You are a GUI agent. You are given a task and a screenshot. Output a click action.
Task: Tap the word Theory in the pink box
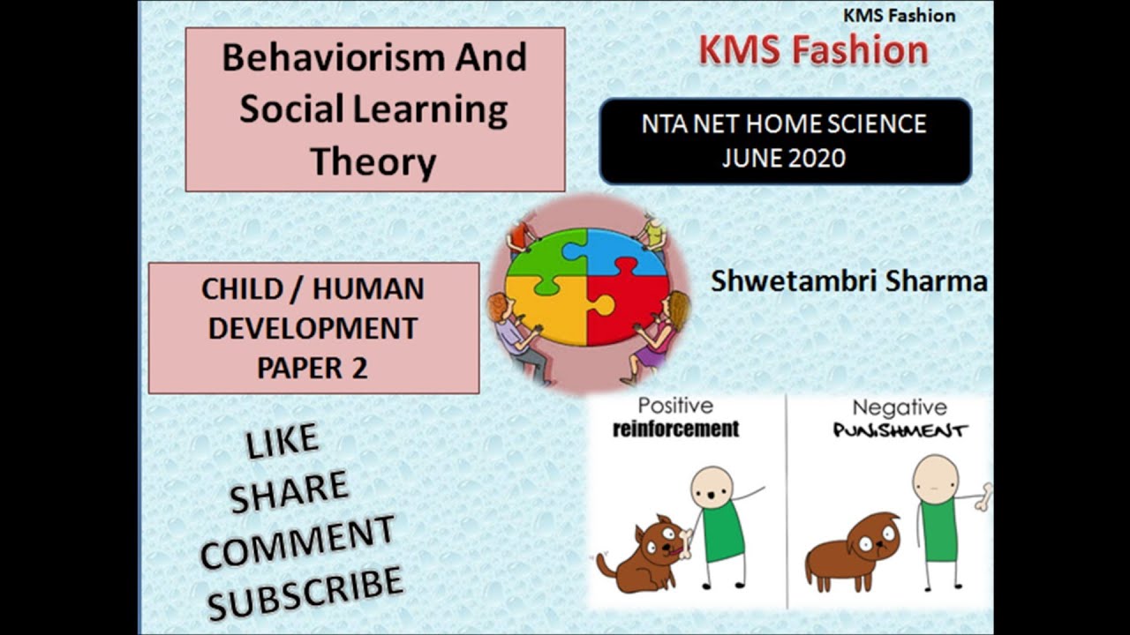coord(373,162)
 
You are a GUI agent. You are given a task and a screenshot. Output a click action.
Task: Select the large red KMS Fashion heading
coord(813,50)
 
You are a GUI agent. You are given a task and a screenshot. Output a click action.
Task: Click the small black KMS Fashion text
coord(899,15)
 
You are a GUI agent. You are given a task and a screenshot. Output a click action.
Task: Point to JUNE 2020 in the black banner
coord(784,158)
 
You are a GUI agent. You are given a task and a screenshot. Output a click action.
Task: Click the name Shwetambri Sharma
coord(848,281)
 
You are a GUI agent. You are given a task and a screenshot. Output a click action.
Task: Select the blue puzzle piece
coord(626,251)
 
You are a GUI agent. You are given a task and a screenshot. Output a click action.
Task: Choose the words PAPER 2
coord(312,367)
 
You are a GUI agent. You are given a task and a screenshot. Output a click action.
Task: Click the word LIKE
coord(282,442)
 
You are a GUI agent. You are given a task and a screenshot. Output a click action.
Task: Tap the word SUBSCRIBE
coord(305,592)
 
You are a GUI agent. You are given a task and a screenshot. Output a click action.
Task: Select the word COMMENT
coord(297,542)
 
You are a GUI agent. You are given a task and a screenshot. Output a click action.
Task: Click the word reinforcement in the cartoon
coord(675,430)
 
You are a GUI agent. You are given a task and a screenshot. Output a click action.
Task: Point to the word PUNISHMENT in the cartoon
coord(900,431)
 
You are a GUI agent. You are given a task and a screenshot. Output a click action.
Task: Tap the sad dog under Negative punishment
coord(854,549)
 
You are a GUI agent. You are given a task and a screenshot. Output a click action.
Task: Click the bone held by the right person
coord(983,497)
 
